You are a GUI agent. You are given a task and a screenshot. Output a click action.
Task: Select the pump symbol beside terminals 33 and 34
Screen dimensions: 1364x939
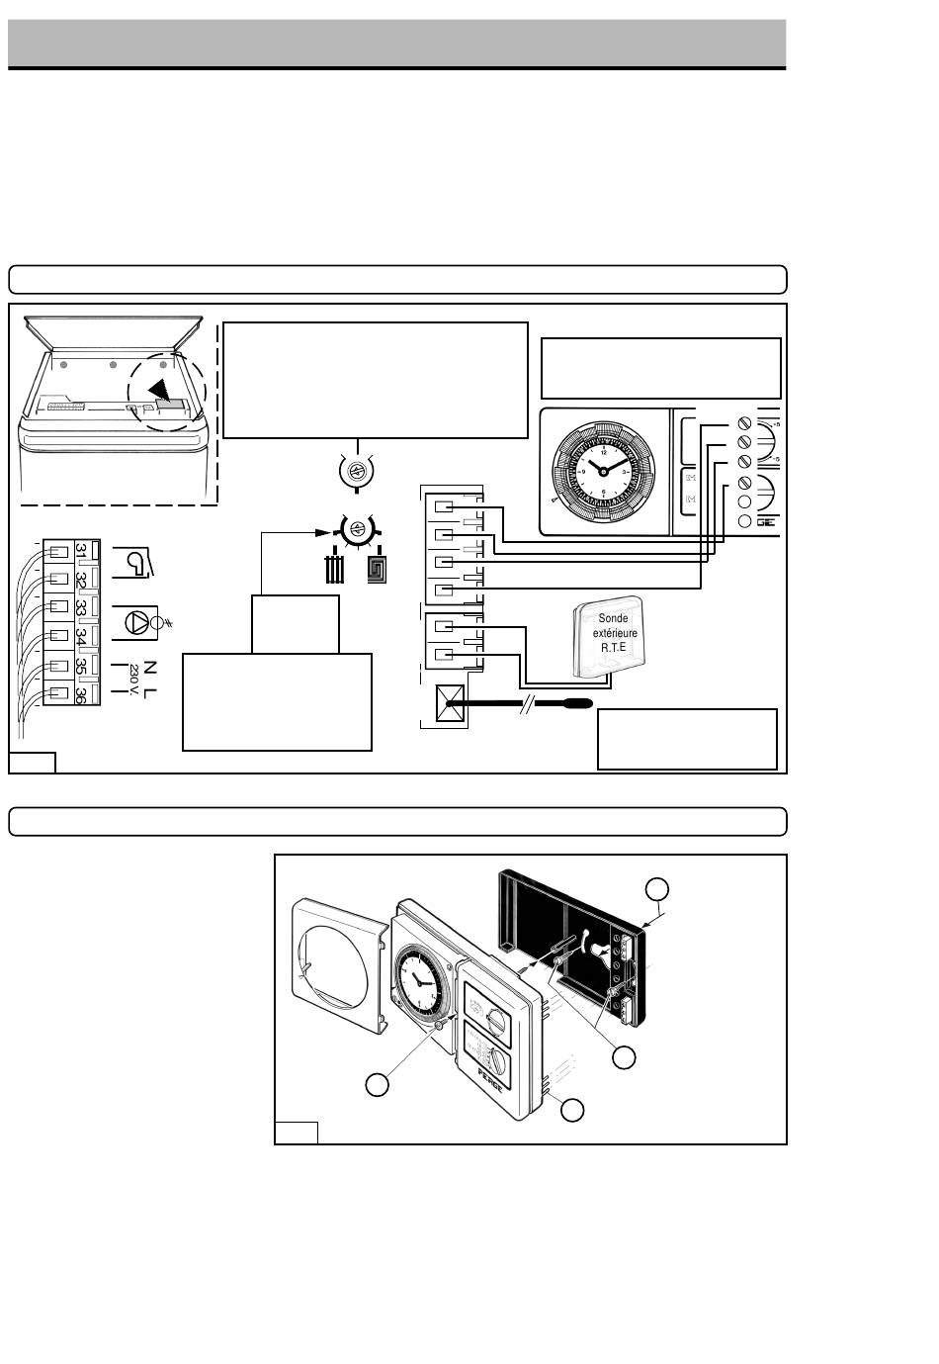coord(135,620)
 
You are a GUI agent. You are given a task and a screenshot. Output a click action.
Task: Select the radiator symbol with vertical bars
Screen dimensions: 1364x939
coord(337,572)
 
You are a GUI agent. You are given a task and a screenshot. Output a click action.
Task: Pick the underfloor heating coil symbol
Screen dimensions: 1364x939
coord(378,572)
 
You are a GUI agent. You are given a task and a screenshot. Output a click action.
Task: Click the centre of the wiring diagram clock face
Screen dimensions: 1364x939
coord(603,473)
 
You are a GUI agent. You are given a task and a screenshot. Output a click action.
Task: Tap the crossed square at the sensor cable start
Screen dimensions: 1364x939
coord(450,706)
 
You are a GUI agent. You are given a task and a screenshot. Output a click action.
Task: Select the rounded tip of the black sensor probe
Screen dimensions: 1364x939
coord(584,705)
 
